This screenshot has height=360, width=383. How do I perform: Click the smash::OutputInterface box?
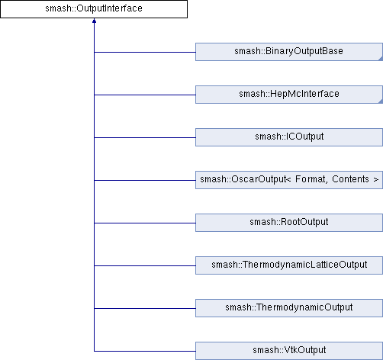click(94, 9)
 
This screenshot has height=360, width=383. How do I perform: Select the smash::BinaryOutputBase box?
click(289, 52)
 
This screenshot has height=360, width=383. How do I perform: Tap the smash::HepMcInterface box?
click(289, 95)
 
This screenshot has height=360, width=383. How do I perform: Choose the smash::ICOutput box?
click(289, 137)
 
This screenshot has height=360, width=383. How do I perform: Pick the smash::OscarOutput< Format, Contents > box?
click(289, 180)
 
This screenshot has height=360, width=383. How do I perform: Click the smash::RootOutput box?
click(289, 223)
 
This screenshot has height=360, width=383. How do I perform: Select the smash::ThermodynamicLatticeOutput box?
click(289, 265)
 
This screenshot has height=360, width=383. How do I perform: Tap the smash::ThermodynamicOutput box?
click(289, 308)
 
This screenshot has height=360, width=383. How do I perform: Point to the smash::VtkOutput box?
click(289, 351)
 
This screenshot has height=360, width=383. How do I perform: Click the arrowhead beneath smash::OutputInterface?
click(94, 21)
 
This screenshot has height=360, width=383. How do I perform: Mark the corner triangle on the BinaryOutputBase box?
click(381, 59)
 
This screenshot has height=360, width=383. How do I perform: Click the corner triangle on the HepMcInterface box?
click(381, 101)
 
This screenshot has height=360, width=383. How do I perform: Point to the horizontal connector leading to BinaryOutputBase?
click(145, 52)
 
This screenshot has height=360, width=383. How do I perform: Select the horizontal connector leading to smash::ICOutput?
click(145, 137)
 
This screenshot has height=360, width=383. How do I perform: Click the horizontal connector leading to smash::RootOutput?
click(145, 223)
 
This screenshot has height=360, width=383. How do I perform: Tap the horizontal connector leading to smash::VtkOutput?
click(145, 351)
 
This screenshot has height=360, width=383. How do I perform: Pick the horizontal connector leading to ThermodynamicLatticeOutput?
click(145, 265)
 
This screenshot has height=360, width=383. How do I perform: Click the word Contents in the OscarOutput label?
click(350, 179)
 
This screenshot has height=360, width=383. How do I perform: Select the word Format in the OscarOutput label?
click(311, 179)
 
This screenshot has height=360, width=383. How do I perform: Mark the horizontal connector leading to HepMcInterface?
click(145, 95)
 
